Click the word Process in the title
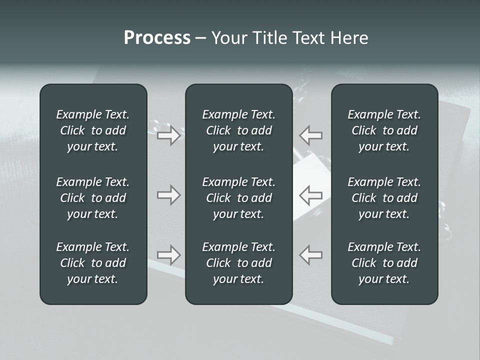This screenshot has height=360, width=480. coord(157,38)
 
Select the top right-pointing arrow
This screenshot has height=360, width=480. coord(169,135)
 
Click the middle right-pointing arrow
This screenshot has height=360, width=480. coord(169,194)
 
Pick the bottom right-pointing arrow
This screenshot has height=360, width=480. coord(169,254)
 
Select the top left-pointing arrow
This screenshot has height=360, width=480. coord(311,135)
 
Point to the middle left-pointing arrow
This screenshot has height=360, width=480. coord(311,194)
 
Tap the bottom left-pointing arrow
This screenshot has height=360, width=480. coord(311,254)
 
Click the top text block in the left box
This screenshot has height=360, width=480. coord(93,130)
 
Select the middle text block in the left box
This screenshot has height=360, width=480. coord(93,198)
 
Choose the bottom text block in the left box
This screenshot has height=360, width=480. coord(93,263)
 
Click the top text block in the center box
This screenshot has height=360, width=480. coord(238,130)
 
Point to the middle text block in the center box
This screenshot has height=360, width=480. coord(238,198)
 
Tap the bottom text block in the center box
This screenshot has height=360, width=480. coord(238,263)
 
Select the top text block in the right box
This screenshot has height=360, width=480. coord(384,130)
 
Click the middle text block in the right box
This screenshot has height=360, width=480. coord(384,198)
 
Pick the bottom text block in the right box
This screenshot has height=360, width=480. coord(384,263)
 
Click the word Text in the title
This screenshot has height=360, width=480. coord(305,38)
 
